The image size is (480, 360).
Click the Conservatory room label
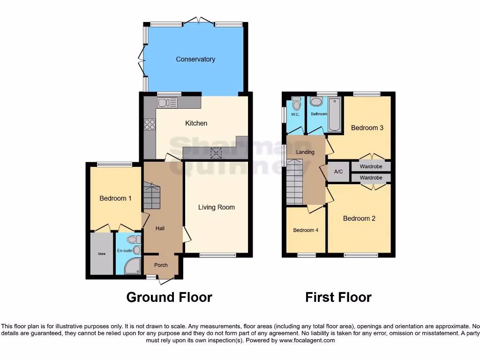[x=195, y=59]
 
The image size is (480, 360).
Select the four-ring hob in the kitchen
[x=150, y=124]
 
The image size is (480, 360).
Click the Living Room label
[x=216, y=207]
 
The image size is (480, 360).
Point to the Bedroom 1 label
[x=115, y=198]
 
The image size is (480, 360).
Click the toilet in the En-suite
[x=132, y=240]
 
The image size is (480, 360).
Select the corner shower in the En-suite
[x=133, y=266]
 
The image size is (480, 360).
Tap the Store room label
[x=102, y=254]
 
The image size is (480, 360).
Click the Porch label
[x=161, y=265]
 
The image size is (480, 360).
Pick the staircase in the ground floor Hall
[x=152, y=197]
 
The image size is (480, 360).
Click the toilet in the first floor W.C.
[x=296, y=102]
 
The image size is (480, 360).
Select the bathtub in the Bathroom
[x=335, y=114]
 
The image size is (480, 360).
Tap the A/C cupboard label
[x=338, y=172]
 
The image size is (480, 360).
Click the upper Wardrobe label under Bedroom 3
[x=371, y=166]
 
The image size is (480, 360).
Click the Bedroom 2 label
[x=359, y=218]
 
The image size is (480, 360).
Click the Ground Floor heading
[x=169, y=297]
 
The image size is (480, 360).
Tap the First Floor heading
[x=338, y=297]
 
